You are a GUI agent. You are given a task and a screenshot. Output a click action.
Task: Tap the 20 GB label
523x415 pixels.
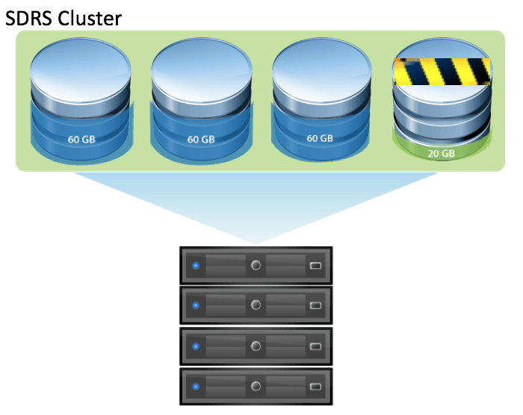point(441,154)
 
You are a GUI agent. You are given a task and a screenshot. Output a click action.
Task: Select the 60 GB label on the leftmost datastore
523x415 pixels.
point(80,139)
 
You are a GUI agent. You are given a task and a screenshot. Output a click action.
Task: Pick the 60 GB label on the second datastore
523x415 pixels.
point(201,139)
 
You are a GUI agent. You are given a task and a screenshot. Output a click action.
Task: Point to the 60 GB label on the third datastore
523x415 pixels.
point(322,139)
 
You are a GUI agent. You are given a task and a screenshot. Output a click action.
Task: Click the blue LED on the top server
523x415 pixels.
point(196,265)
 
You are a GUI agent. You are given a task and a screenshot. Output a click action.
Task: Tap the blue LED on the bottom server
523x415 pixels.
point(196,387)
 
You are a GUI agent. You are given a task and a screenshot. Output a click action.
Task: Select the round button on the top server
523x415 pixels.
point(256,265)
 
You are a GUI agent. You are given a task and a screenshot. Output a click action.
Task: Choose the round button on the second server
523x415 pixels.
point(256,305)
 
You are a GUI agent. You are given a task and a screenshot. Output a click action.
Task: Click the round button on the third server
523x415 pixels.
point(256,346)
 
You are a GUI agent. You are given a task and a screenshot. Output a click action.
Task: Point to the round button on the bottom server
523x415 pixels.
point(256,387)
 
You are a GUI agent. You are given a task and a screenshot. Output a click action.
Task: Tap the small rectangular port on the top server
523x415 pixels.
point(315,266)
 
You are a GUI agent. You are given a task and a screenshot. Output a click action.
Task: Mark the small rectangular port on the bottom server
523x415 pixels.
point(315,387)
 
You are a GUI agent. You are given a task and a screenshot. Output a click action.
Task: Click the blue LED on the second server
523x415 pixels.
point(196,305)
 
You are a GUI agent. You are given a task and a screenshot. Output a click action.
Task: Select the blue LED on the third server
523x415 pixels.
point(196,346)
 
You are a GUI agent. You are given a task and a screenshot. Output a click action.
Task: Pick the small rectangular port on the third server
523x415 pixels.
point(315,347)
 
